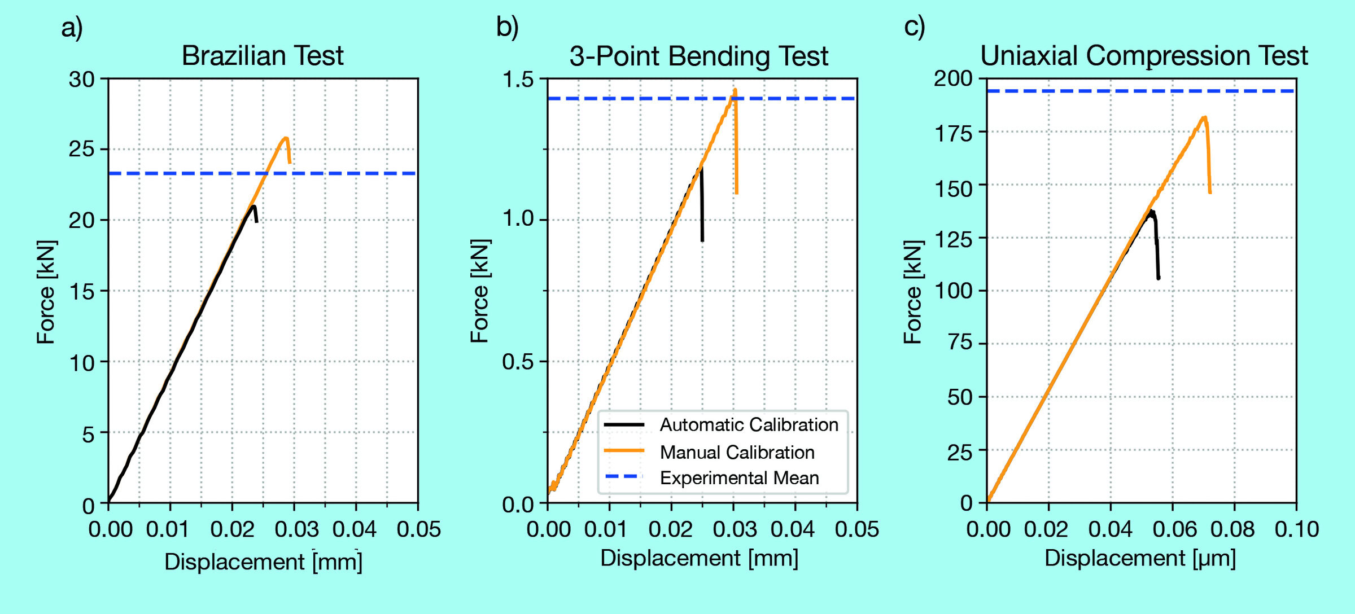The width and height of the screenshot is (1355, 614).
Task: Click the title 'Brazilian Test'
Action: pos(263,56)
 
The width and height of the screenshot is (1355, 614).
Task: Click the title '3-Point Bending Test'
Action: pos(698,56)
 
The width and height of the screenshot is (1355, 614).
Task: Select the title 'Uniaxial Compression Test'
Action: pos(1144,56)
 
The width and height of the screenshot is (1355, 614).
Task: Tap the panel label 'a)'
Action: pos(72,27)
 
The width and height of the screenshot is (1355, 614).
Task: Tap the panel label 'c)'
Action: pos(914,27)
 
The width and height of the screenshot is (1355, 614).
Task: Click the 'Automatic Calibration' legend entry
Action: pos(749,424)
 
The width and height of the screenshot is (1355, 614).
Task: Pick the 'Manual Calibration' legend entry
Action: pos(737,452)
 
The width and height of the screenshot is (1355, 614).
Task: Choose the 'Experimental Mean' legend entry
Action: pos(739,478)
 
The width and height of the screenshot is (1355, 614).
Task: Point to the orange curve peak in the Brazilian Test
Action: pos(286,138)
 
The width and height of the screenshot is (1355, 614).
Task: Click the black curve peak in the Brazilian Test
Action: pos(253,206)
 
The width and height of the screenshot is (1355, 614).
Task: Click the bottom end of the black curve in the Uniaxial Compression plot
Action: pos(1159,278)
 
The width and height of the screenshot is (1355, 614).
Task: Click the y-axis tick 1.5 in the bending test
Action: pos(518,79)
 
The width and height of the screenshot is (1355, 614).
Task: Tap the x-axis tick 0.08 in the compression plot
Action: pos(1234,529)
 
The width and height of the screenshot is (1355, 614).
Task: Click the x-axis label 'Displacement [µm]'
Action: pos(1140,558)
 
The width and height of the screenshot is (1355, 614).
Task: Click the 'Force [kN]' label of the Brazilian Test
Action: pos(46,292)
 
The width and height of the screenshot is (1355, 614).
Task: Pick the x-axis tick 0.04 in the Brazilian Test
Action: pos(355,529)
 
